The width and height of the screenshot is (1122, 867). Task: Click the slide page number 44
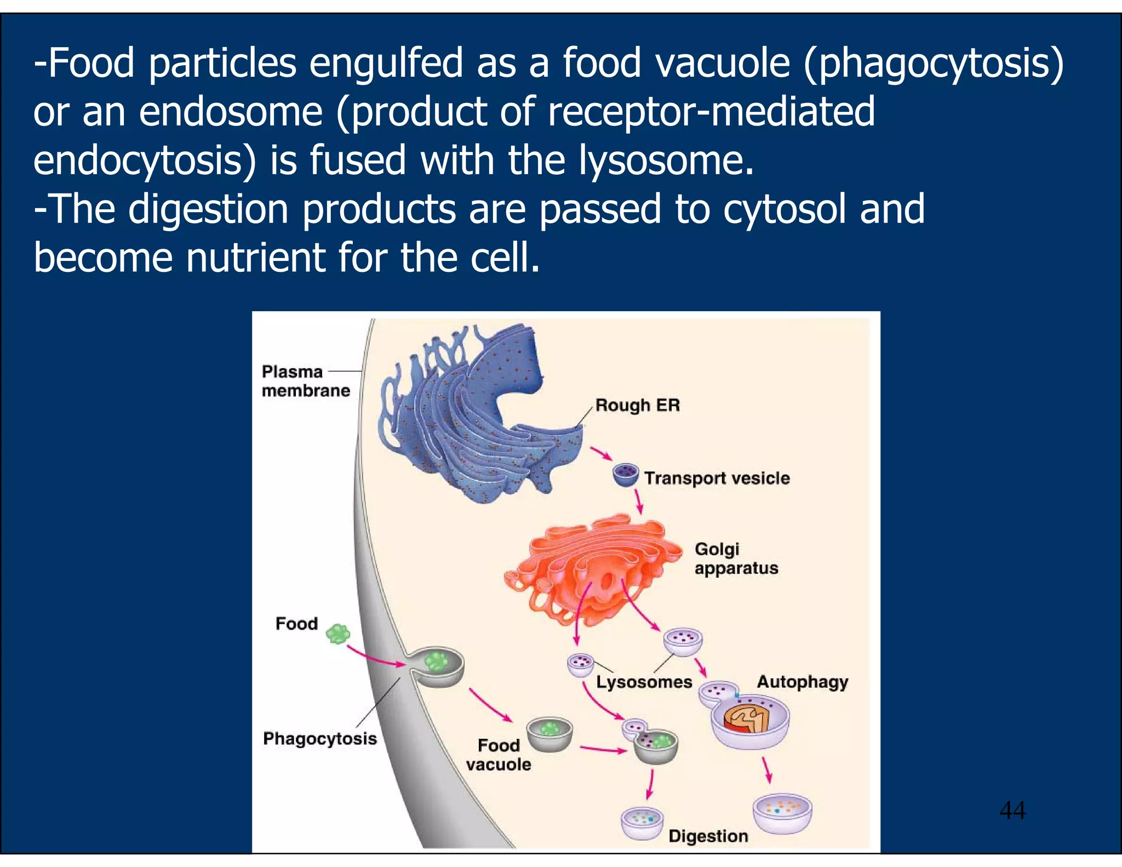(x=1012, y=810)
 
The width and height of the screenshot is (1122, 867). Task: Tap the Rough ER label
(x=637, y=405)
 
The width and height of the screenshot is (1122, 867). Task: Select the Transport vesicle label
(x=717, y=478)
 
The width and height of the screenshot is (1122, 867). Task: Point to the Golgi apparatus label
(x=736, y=558)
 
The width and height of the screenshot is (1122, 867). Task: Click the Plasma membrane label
(x=305, y=381)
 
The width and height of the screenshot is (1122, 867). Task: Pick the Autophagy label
(x=802, y=682)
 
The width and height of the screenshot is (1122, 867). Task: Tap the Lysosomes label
(x=644, y=682)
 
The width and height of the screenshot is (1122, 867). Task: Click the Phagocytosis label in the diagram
(x=320, y=739)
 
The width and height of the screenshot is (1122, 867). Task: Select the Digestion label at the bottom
(x=708, y=836)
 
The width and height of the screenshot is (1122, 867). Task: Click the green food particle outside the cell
(x=337, y=634)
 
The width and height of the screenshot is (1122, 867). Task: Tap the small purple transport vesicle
(x=625, y=475)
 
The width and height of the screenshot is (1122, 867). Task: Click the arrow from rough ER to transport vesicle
(x=601, y=454)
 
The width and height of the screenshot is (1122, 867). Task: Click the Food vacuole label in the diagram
(x=498, y=755)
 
